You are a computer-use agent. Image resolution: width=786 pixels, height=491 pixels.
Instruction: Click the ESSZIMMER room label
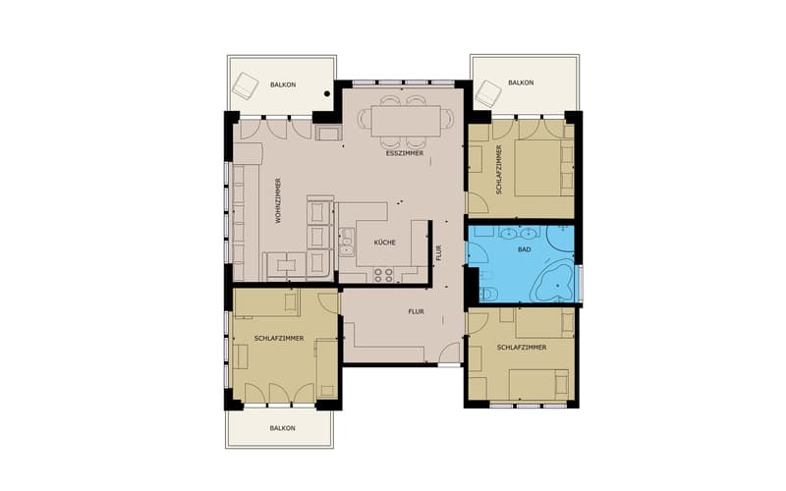click(x=405, y=153)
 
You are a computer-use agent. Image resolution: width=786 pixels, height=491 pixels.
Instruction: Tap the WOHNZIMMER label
click(x=278, y=200)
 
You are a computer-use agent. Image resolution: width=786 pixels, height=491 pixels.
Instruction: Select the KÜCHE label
click(x=385, y=243)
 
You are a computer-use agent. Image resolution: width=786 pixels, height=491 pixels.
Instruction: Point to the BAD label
click(x=525, y=249)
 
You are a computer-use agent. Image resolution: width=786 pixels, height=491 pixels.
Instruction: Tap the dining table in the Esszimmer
click(x=406, y=121)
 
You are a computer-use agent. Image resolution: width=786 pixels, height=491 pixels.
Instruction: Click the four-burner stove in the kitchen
click(x=383, y=275)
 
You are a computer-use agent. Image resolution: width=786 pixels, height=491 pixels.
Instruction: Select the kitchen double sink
click(x=346, y=242)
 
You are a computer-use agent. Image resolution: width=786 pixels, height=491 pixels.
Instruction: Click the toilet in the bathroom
click(x=487, y=294)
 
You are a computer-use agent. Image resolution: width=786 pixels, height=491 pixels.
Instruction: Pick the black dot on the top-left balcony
click(x=327, y=93)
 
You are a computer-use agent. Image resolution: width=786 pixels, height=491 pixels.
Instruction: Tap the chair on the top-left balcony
click(x=245, y=85)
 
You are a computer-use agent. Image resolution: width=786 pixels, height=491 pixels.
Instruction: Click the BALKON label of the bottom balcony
click(x=283, y=428)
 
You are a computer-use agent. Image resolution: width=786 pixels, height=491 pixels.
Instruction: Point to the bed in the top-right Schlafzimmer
click(x=537, y=168)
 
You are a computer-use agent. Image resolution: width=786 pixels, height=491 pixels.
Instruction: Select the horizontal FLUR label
click(x=416, y=311)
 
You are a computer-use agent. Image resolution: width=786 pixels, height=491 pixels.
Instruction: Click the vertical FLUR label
click(x=438, y=253)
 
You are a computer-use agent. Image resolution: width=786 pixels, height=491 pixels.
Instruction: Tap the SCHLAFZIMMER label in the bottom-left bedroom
click(x=279, y=339)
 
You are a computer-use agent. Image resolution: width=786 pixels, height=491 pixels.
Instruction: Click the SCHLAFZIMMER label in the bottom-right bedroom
click(x=522, y=348)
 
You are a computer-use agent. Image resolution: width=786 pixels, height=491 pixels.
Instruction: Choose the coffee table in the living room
click(x=286, y=264)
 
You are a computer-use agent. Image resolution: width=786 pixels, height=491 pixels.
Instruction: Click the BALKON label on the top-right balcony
click(x=521, y=82)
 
